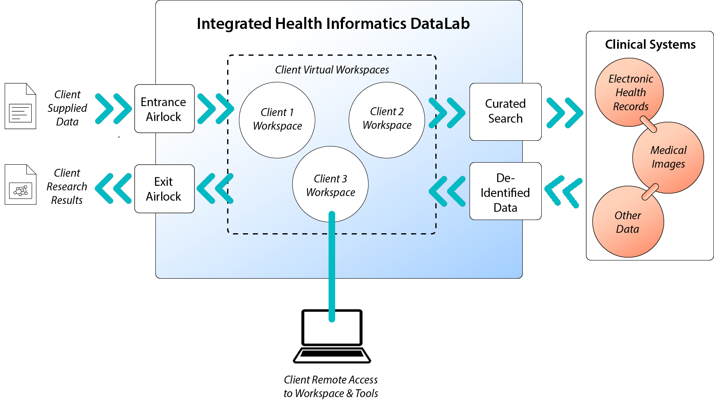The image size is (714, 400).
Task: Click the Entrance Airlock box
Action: click(164, 109)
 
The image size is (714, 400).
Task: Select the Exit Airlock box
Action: click(164, 189)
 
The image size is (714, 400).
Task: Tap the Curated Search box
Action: click(505, 111)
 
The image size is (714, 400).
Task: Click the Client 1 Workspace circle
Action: click(277, 120)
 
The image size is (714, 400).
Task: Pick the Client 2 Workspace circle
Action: click(387, 120)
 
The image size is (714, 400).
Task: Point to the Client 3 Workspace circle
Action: click(330, 184)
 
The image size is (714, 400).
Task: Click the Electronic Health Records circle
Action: click(629, 92)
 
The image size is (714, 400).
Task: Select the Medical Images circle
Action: click(668, 157)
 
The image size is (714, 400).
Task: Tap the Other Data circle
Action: click(628, 222)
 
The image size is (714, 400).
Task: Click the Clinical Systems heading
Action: click(650, 45)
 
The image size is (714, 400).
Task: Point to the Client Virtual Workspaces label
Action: click(332, 70)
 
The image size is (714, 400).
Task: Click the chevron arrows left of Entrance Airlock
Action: click(113, 109)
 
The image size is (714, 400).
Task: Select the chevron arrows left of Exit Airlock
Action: click(113, 189)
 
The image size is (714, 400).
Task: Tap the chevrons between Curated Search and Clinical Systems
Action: click(564, 112)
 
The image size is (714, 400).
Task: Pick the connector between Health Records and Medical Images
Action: click(648, 124)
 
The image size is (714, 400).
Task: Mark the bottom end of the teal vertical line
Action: click(332, 319)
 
